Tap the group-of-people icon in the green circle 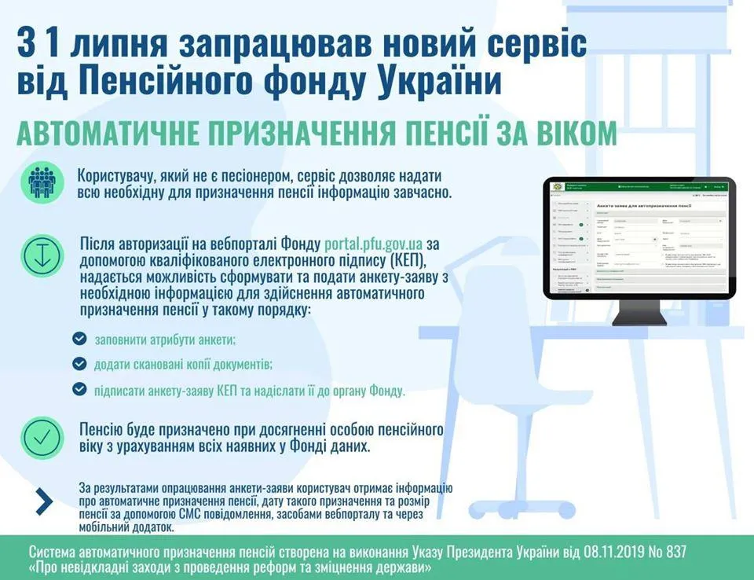coord(42,182)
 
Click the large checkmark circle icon coord(42,438)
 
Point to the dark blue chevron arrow coord(44,501)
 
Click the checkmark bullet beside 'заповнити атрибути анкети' coord(79,339)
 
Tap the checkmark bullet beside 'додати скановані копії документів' coord(79,364)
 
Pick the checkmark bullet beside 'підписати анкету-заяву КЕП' coord(79,389)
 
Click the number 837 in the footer coord(673,552)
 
